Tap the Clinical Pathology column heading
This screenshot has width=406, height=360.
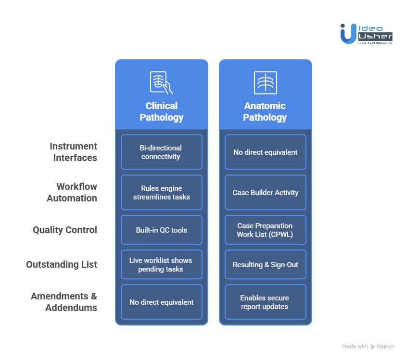point(162,112)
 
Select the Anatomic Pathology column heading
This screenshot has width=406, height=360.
point(265,112)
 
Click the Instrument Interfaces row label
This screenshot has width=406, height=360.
point(74,152)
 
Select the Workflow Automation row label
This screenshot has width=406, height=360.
point(72,192)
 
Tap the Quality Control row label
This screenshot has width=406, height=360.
point(65,230)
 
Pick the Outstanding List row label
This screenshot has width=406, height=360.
point(62,264)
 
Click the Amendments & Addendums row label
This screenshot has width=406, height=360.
point(64,302)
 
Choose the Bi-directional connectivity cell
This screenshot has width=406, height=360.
point(162,152)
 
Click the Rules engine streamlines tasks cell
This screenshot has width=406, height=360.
point(162,192)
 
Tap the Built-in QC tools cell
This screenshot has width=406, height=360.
point(162,230)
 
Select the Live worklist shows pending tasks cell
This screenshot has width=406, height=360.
point(162,264)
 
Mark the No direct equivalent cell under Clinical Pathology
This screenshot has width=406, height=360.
point(162,302)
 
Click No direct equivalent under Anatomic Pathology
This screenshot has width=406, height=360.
point(266,152)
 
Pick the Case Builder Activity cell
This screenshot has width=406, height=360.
point(266,192)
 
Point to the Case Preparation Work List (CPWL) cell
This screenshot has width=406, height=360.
point(266,230)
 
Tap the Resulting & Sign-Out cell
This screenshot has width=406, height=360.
point(266,264)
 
